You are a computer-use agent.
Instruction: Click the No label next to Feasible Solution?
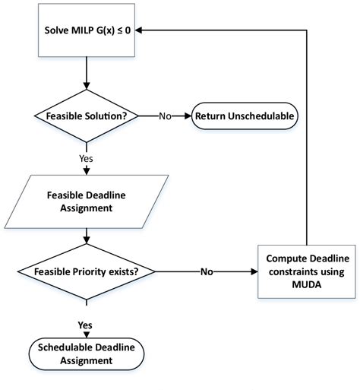[x=165, y=116]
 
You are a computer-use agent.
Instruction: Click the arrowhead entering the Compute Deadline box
[x=255, y=271]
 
